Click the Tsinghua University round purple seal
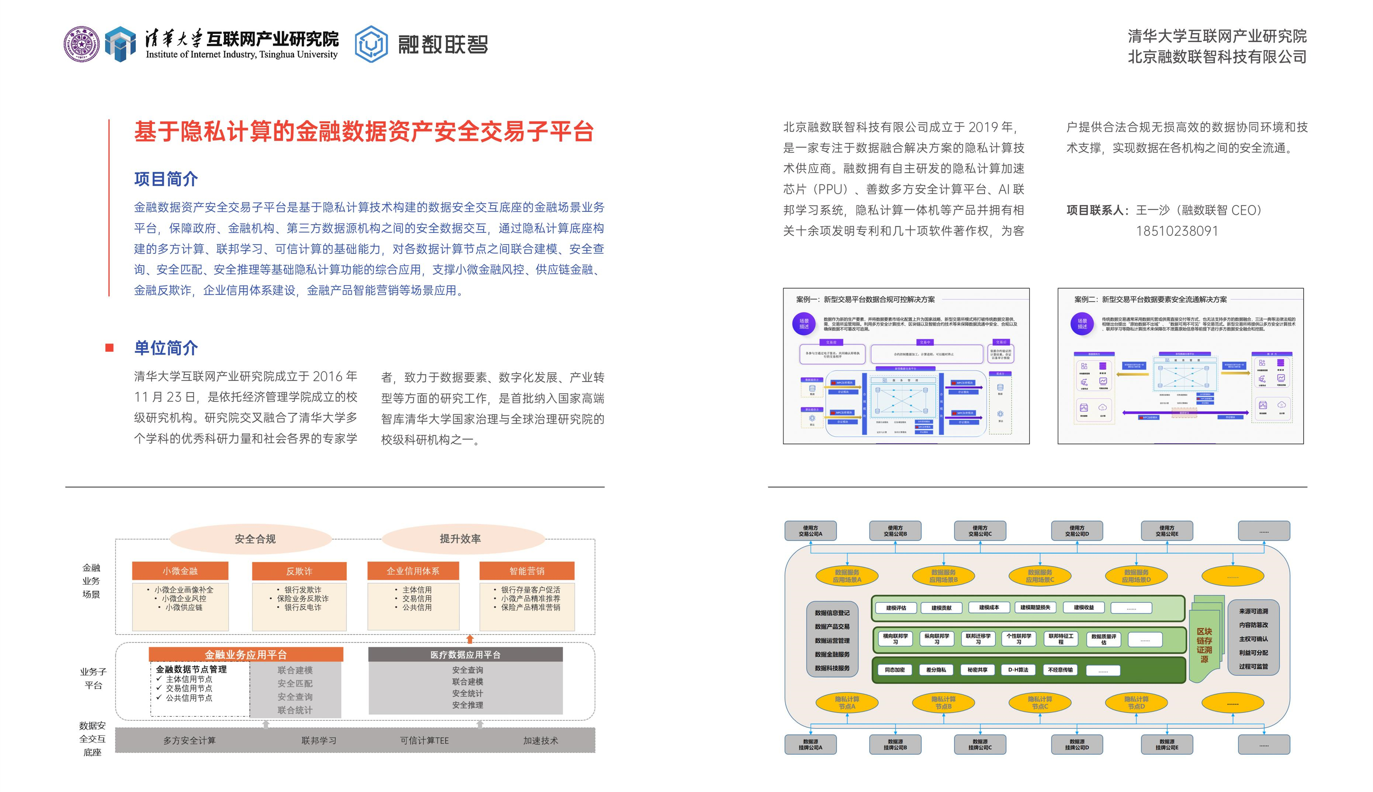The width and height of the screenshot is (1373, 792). coord(82,44)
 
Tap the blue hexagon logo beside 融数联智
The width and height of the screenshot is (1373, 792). coord(371,44)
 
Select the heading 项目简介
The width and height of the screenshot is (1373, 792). coord(166,179)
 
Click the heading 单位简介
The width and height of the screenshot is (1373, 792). coord(166,348)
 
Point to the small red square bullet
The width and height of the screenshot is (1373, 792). coord(109,348)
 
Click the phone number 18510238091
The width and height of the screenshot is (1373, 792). coord(1177,231)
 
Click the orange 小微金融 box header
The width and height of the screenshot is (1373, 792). coord(180,571)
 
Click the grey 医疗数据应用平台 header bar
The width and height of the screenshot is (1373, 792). coord(465,654)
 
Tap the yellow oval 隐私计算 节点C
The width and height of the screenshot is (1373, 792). coord(1040,703)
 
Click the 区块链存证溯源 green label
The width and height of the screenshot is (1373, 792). coord(1204,645)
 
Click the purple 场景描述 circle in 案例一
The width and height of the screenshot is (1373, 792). coord(804,324)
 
